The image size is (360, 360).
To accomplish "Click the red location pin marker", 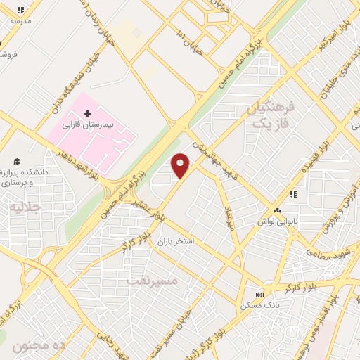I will (180, 166).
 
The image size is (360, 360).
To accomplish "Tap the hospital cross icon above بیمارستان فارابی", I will (88, 112).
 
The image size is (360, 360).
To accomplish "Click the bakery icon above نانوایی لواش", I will (277, 210).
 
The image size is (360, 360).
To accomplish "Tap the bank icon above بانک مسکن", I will (259, 294).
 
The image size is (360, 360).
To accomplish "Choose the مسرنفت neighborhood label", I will (153, 280).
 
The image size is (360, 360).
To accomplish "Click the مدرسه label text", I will (21, 21).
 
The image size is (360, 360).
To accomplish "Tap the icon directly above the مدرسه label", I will (21, 10).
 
